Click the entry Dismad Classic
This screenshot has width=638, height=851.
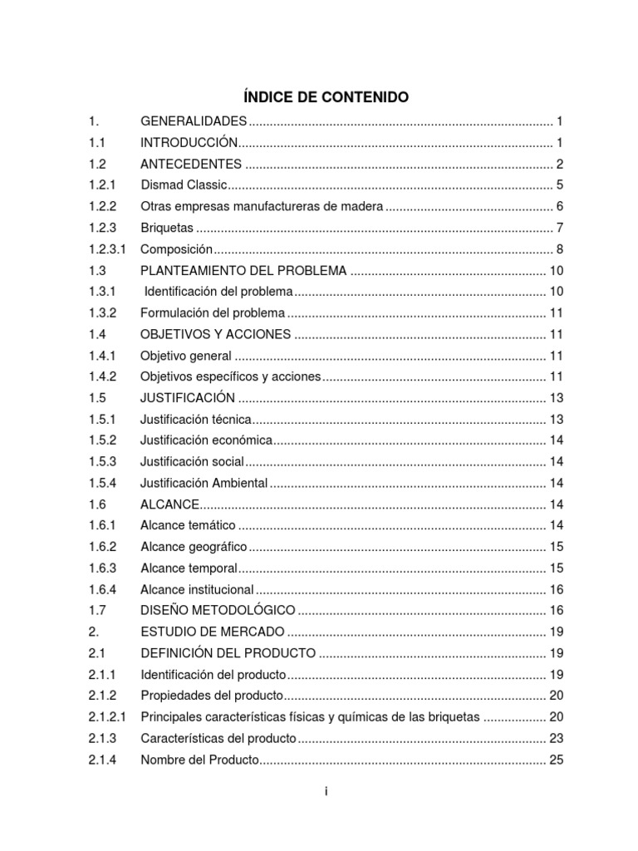pos(184,184)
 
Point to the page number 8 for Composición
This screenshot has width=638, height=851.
pos(560,249)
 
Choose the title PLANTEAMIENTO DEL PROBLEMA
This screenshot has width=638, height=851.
pos(243,271)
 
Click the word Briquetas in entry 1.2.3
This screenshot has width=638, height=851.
pos(167,228)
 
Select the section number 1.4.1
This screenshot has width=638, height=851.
pos(103,356)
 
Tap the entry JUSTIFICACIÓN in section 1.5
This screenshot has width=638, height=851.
pos(188,397)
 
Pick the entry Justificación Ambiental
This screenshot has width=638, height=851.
pos(204,483)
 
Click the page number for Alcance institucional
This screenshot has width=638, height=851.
pos(557,589)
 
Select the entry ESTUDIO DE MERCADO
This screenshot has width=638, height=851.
pos(213,632)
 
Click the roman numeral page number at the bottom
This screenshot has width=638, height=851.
pos(326,792)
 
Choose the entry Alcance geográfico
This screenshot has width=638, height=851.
pos(194,547)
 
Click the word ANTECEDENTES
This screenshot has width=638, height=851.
pos(191,163)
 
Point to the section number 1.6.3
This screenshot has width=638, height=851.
pos(103,568)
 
